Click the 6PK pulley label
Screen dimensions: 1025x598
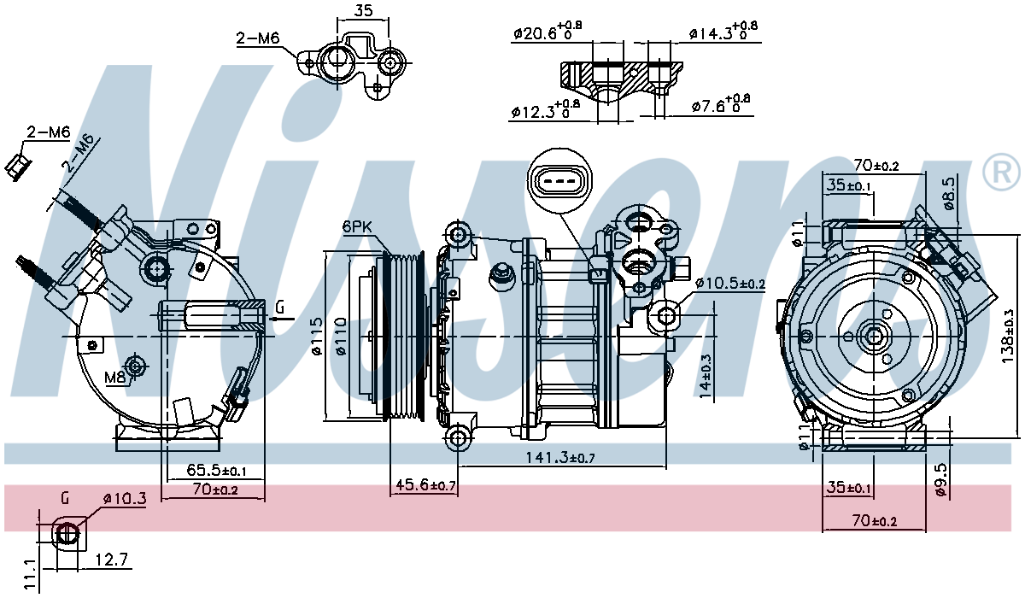357,227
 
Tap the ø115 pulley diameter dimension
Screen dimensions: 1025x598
317,337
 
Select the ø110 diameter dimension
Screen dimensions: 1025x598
342,337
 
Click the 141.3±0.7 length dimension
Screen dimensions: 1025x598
560,457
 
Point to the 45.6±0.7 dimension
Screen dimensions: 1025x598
425,485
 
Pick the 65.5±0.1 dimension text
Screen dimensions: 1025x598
216,470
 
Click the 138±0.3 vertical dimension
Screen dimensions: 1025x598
1008,337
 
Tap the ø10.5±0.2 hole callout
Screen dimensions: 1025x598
729,284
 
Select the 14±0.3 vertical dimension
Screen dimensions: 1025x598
706,376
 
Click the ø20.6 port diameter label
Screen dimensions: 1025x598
548,30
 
